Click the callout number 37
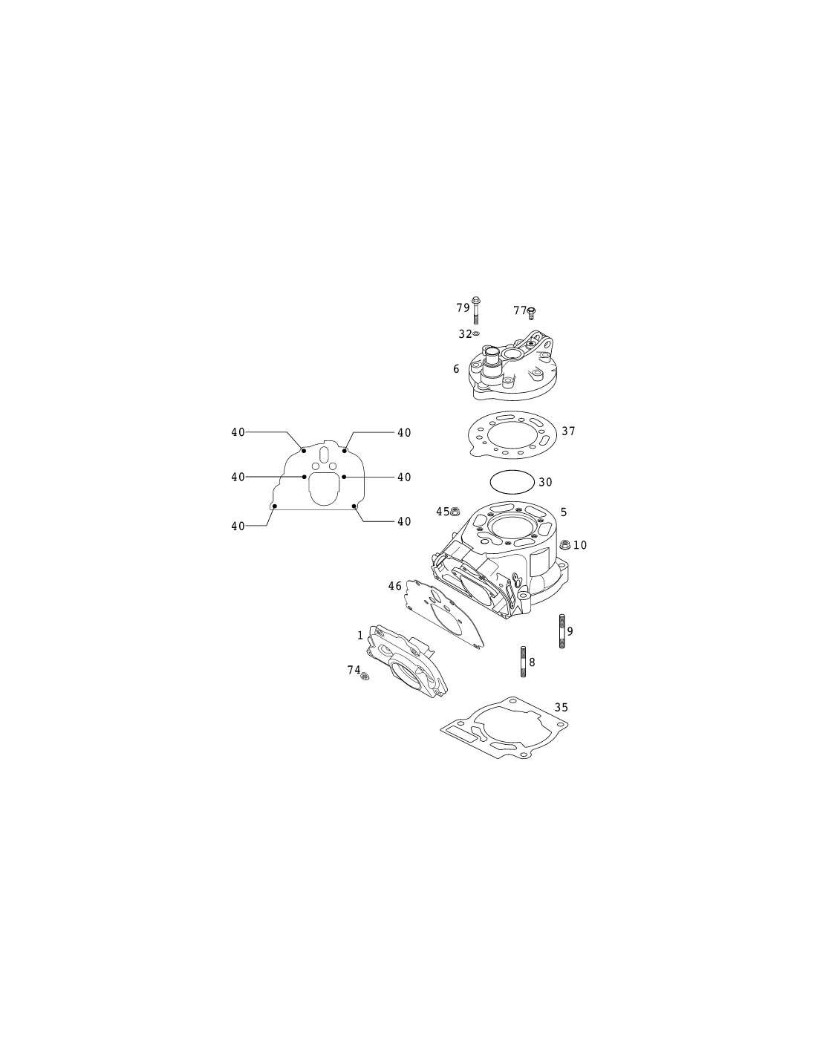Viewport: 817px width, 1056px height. pos(568,431)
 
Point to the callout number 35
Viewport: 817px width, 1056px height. pos(561,708)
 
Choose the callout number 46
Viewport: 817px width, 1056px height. pos(394,586)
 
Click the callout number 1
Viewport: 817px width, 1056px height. pos(360,635)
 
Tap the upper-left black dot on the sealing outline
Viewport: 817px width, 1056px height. pos(304,451)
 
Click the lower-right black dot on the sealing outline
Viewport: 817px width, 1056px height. pos(354,506)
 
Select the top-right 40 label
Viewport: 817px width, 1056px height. pos(404,432)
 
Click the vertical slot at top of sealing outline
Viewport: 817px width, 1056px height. pos(324,455)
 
